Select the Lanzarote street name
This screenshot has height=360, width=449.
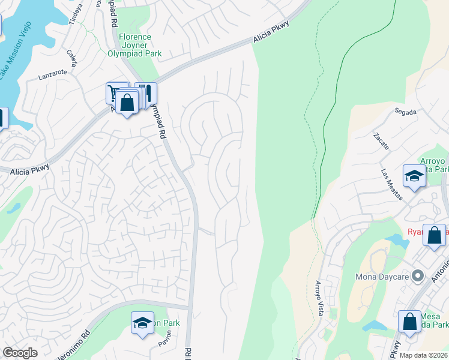coord(52,76)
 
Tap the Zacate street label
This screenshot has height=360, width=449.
coord(381,142)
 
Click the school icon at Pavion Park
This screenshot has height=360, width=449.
coord(142,323)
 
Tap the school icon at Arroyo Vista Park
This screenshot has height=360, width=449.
coord(414,176)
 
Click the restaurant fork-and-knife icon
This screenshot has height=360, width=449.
coord(146,93)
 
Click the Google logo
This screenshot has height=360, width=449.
coord(20,353)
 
